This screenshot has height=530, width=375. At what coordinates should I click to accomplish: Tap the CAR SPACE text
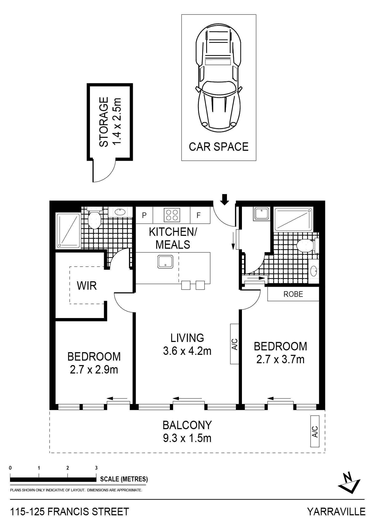click(x=219, y=147)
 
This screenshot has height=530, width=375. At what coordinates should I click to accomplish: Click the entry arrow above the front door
click(x=224, y=199)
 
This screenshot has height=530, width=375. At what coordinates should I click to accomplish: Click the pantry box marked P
click(x=144, y=215)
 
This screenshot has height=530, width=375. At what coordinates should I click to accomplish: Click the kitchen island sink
click(x=165, y=262)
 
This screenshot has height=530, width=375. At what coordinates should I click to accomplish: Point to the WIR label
click(x=87, y=285)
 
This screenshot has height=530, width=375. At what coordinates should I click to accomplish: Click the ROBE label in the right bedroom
click(x=293, y=294)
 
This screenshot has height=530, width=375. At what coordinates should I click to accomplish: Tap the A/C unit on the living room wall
click(x=235, y=344)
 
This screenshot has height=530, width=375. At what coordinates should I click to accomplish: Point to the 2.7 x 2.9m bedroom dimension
click(x=94, y=370)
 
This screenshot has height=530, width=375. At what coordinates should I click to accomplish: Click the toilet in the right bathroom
click(x=307, y=246)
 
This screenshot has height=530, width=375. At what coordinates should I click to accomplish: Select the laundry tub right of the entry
click(x=261, y=214)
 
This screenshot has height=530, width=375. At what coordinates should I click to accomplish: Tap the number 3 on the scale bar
click(x=96, y=468)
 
